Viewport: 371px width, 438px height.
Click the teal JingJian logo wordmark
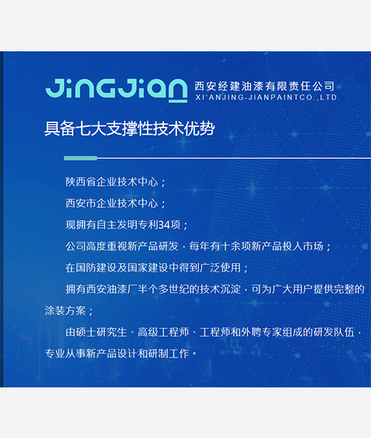click(x=116, y=90)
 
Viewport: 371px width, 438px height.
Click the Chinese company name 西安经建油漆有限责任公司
click(x=265, y=86)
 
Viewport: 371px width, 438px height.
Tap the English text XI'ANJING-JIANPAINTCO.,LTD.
click(x=268, y=98)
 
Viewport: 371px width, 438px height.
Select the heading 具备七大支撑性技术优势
click(x=130, y=129)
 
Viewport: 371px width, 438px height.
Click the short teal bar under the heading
click(x=81, y=158)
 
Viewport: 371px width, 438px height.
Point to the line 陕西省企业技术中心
click(x=112, y=182)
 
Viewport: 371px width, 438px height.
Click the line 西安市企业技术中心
click(x=112, y=203)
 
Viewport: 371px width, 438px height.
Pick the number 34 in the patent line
click(x=165, y=224)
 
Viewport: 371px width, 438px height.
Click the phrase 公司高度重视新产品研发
click(x=122, y=246)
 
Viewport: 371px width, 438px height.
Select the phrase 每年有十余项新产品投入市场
click(x=256, y=246)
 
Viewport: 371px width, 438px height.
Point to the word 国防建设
click(x=96, y=268)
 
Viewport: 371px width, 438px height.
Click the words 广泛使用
click(x=220, y=268)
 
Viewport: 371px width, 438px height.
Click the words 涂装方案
click(x=65, y=311)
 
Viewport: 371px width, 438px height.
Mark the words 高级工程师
click(x=163, y=332)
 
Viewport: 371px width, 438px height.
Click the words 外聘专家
click(x=261, y=332)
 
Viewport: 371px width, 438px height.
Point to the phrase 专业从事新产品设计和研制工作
click(x=117, y=354)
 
